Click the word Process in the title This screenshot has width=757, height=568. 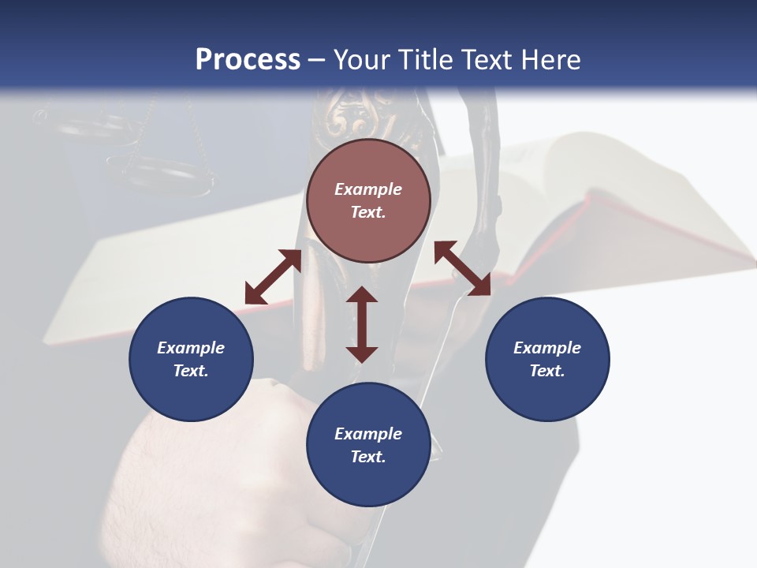(x=248, y=60)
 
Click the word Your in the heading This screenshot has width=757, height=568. (x=364, y=60)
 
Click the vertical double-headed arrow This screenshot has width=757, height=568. (x=362, y=324)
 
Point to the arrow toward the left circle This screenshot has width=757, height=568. (x=273, y=277)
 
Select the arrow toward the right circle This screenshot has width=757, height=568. (x=462, y=268)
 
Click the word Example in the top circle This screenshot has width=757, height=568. (x=368, y=189)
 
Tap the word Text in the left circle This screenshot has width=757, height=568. (x=191, y=371)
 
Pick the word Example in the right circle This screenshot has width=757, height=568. (x=547, y=348)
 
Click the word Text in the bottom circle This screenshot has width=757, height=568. (x=368, y=457)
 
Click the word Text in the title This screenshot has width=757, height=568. (x=487, y=60)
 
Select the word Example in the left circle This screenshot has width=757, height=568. (x=191, y=348)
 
